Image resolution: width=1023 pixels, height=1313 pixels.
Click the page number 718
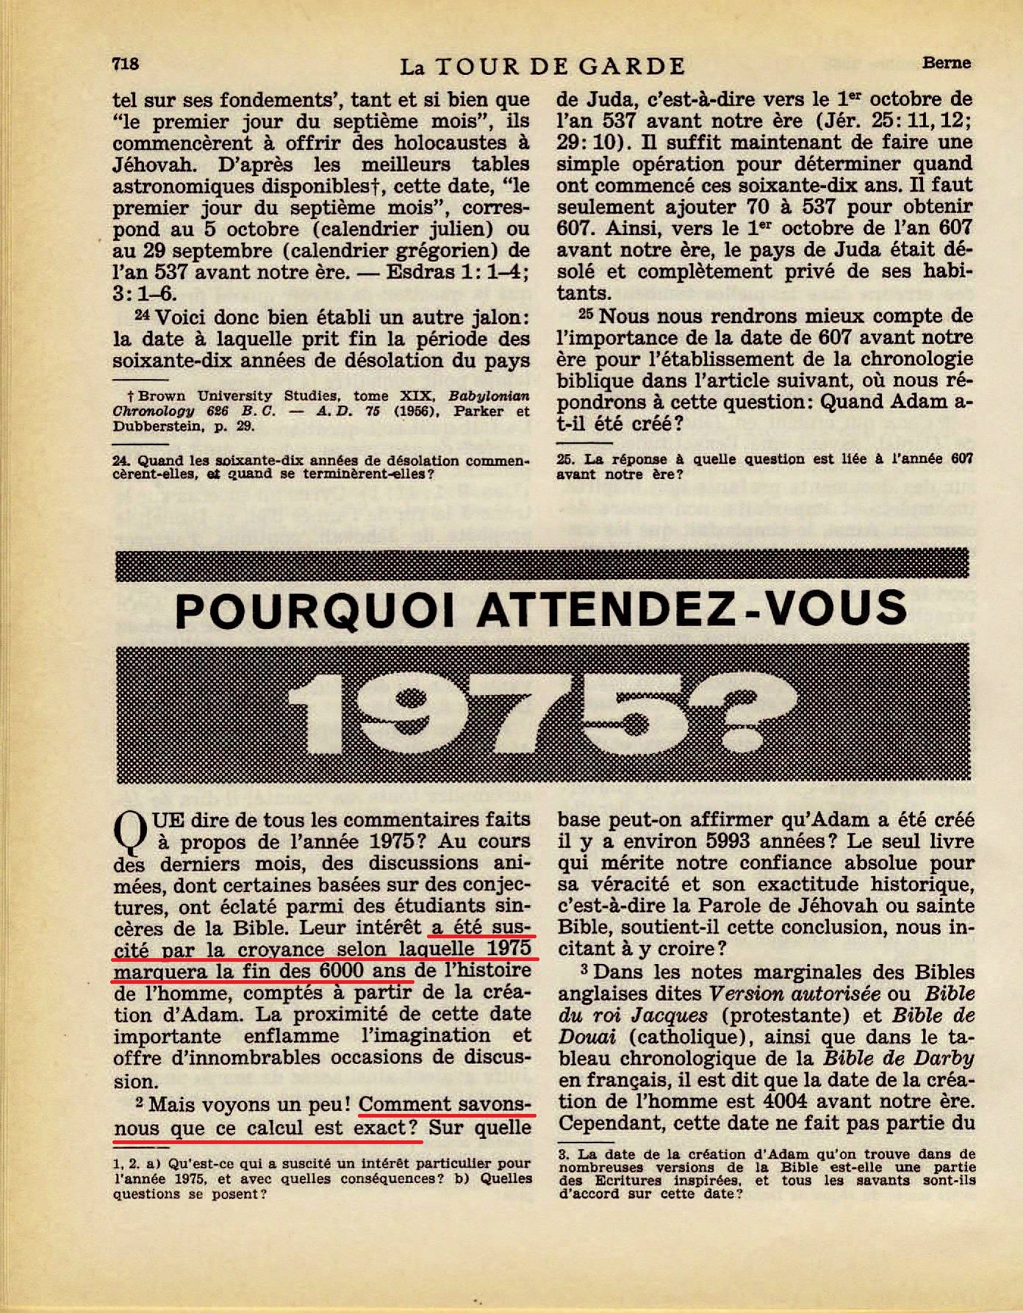(126, 64)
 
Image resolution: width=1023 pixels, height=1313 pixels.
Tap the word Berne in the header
(947, 62)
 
